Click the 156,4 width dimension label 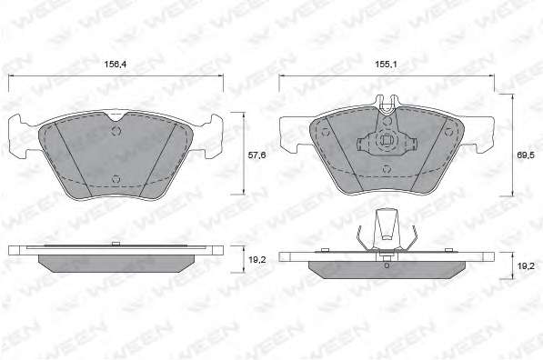115,64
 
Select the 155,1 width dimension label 387,64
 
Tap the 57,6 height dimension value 256,155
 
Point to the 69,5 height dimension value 526,155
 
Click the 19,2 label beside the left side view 257,260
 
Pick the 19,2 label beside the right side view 526,265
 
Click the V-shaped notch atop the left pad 117,116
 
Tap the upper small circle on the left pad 116,131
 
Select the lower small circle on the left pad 116,178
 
